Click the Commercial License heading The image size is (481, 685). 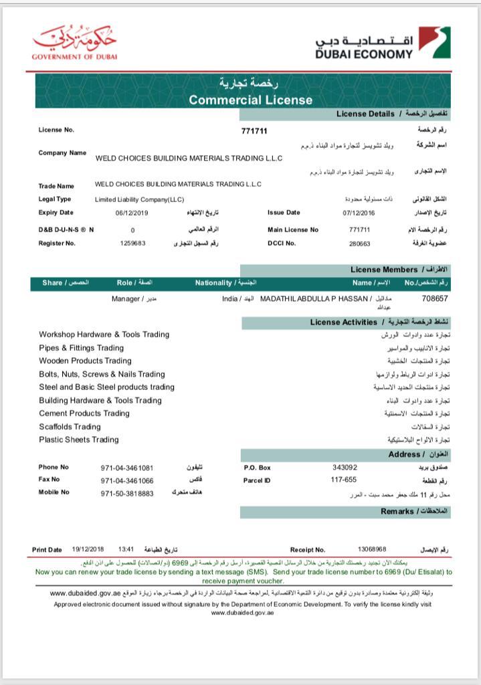pyautogui.click(x=250, y=100)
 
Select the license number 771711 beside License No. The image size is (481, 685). pyautogui.click(x=254, y=130)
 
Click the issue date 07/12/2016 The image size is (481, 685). pyautogui.click(x=359, y=213)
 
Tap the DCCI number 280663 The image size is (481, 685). pyautogui.click(x=359, y=243)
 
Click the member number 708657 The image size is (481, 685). pyautogui.click(x=435, y=298)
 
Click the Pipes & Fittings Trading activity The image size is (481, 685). pyautogui.click(x=81, y=348)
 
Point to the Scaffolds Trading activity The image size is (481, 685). pyautogui.click(x=70, y=426)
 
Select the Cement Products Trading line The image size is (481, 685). pyautogui.click(x=84, y=413)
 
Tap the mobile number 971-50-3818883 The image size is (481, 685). pyautogui.click(x=127, y=493)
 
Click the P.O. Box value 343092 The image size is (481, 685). pyautogui.click(x=345, y=468)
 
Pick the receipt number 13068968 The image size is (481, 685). pyautogui.click(x=372, y=549)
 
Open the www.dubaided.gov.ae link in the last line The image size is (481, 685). pyautogui.click(x=242, y=613)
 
